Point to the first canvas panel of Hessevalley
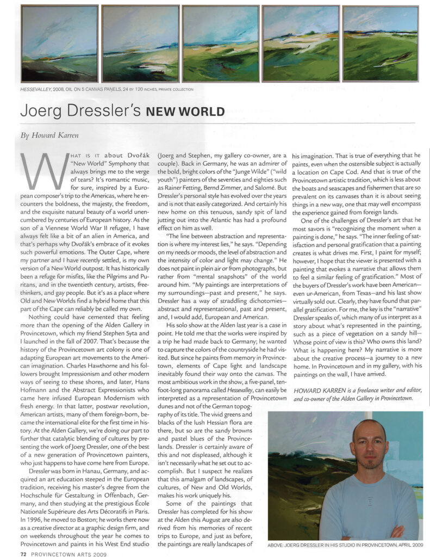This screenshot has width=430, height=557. click(60, 44)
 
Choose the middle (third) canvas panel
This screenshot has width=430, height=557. click(220, 44)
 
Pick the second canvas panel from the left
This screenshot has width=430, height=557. click(140, 44)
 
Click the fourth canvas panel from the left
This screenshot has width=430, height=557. click(300, 44)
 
